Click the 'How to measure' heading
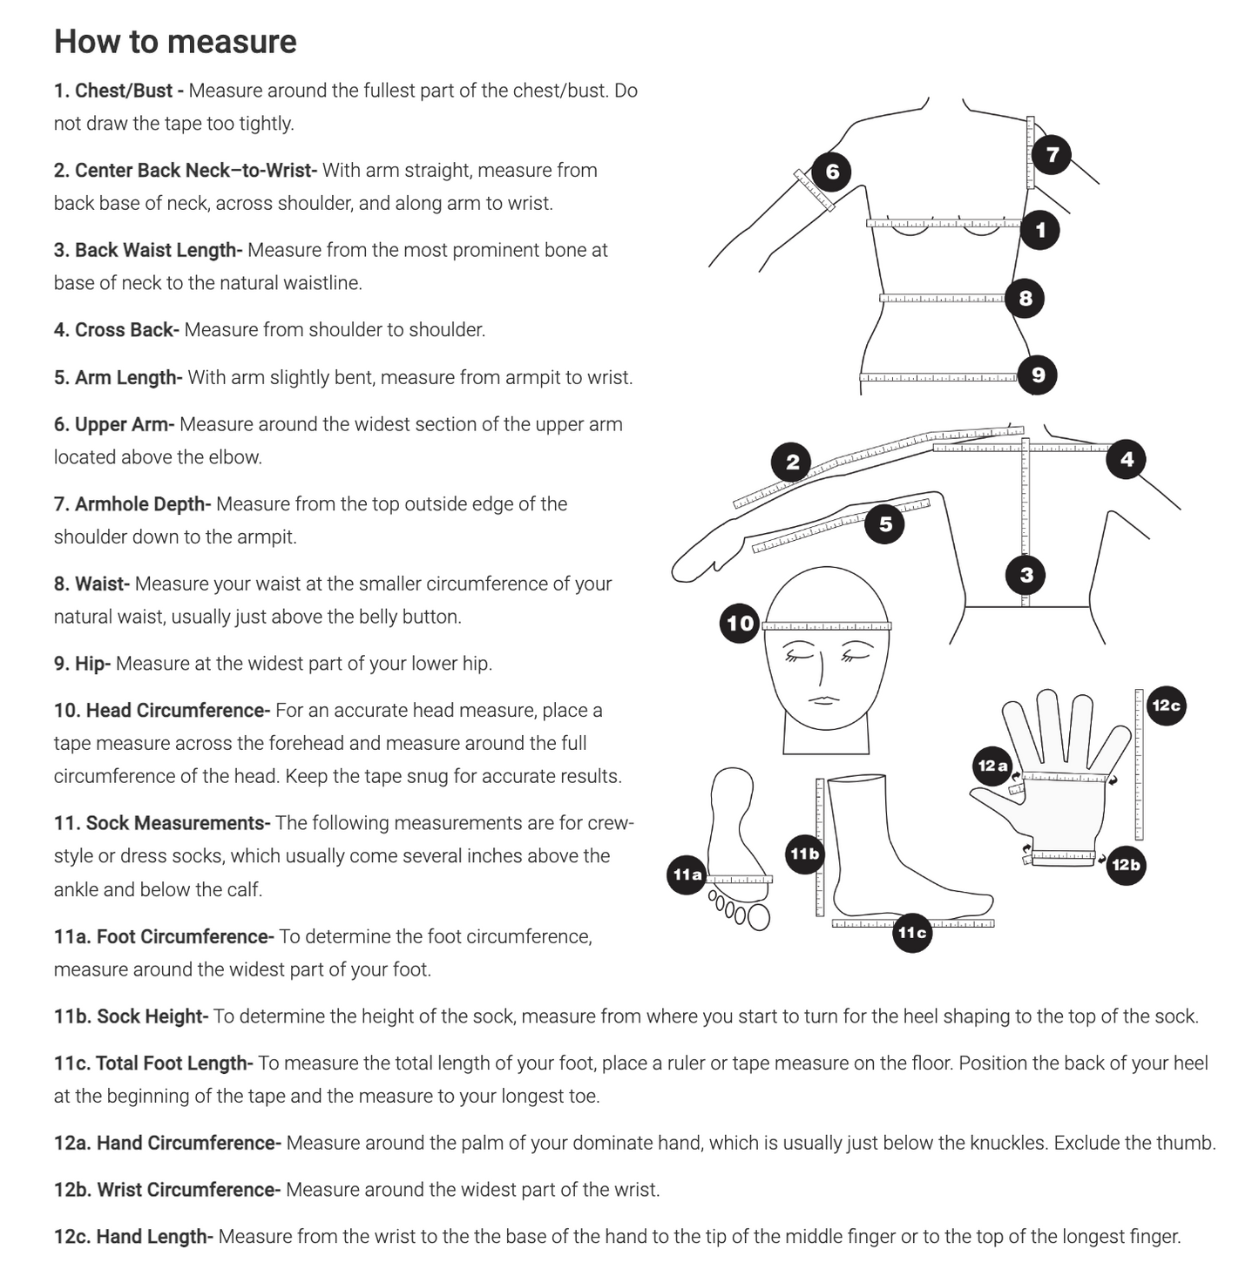pos(175,42)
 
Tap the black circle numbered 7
pos(1052,154)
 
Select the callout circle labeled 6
pos(831,172)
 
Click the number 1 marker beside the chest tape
pos(1039,230)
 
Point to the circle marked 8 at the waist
pos(1025,299)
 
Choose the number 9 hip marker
pos(1038,375)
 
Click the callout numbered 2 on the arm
pos(792,462)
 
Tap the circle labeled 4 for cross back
pos(1127,459)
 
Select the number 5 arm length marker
pos(885,524)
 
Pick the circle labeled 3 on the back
pos(1025,575)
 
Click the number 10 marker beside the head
pos(740,624)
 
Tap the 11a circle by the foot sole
pos(687,874)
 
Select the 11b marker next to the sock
pos(804,854)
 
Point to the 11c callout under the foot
pos(912,933)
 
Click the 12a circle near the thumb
pos(992,766)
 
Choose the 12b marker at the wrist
pos(1126,865)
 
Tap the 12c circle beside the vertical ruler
pos(1166,706)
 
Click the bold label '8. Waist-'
pos(91,584)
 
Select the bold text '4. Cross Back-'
pos(116,330)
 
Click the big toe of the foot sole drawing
pos(759,917)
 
